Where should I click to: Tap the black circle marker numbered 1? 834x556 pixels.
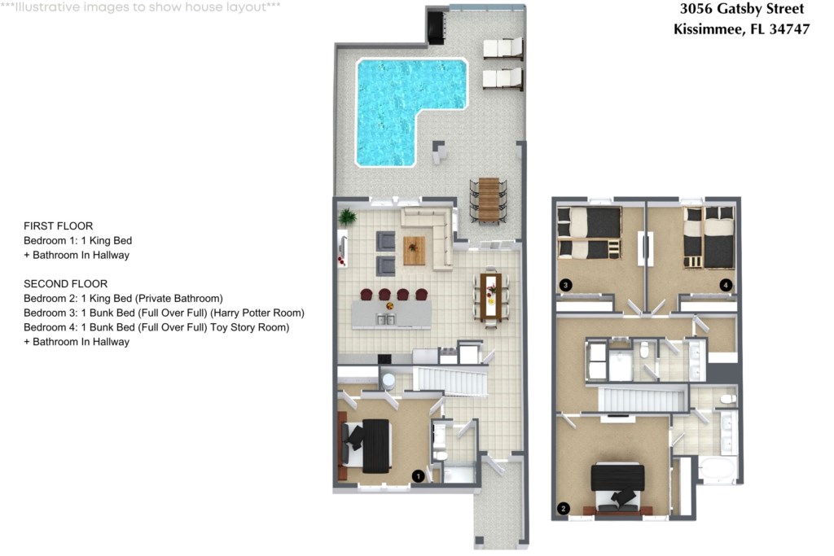click(x=418, y=476)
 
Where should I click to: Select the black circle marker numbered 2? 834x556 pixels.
click(x=564, y=509)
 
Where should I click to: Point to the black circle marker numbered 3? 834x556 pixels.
click(x=565, y=285)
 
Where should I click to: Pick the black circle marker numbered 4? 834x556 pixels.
click(x=726, y=285)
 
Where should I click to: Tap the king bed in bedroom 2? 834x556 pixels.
click(x=617, y=487)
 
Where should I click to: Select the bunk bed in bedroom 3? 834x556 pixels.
click(x=589, y=233)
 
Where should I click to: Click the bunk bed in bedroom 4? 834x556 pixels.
click(x=709, y=237)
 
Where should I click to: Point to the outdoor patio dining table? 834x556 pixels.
click(x=489, y=200)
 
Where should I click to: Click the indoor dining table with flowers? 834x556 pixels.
click(x=490, y=297)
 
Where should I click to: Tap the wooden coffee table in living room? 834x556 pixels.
click(x=414, y=251)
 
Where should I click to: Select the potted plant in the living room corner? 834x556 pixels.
click(x=347, y=217)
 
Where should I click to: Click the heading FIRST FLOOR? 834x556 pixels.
click(x=59, y=226)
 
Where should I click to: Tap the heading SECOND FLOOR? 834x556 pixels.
click(x=65, y=284)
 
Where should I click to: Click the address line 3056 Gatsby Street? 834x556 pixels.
click(x=742, y=9)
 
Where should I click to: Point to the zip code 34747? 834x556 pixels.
click(x=789, y=29)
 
